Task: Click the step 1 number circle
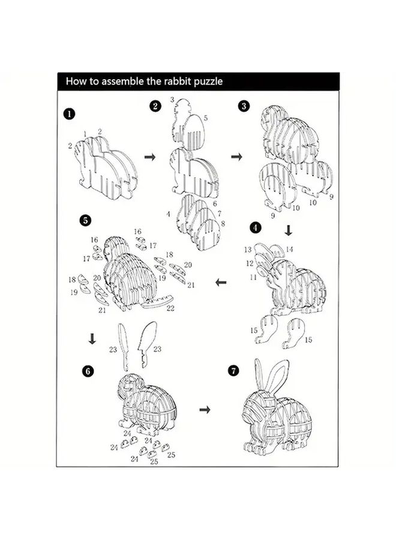[69, 113]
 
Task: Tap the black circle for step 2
[155, 106]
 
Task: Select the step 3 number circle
[244, 106]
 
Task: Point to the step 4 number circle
[255, 227]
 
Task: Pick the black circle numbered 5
[85, 220]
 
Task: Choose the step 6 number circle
[88, 371]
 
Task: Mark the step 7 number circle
[233, 371]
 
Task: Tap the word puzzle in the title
[208, 82]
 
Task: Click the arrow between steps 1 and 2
[150, 157]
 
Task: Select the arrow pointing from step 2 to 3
[236, 157]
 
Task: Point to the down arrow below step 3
[289, 230]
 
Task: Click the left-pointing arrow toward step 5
[221, 283]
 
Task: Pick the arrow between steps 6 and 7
[205, 409]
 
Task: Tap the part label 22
[170, 308]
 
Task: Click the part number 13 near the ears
[248, 250]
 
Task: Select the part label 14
[289, 249]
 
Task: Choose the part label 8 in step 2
[223, 224]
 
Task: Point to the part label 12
[250, 263]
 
